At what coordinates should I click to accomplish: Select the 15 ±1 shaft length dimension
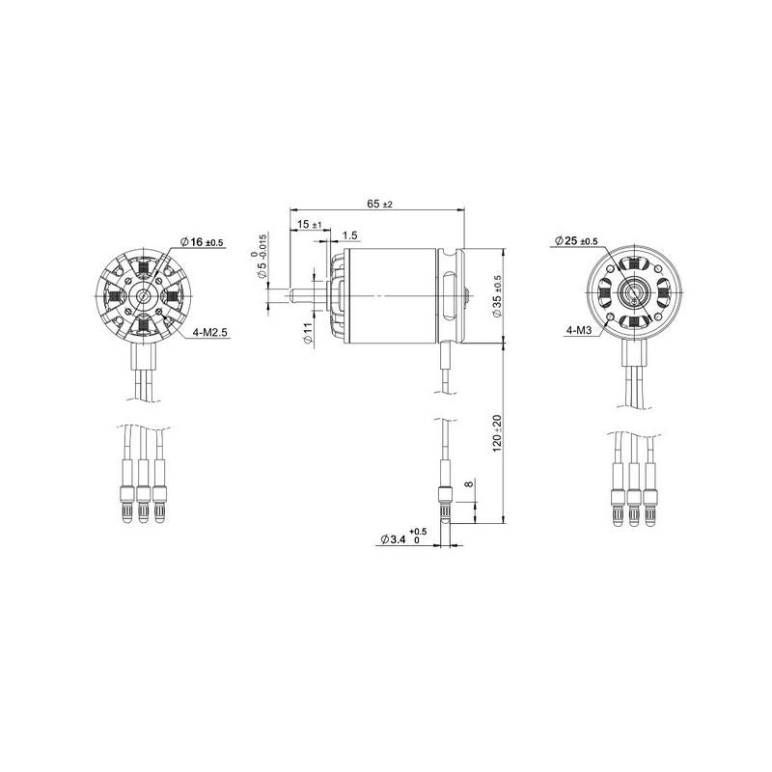click(x=311, y=224)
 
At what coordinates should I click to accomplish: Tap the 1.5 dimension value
click(x=349, y=235)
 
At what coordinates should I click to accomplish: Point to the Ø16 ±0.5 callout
click(x=202, y=242)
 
